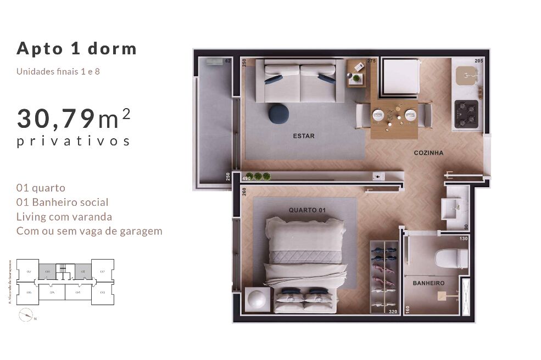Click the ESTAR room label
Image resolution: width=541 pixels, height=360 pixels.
point(303,136)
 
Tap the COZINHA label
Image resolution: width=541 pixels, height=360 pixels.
point(428,153)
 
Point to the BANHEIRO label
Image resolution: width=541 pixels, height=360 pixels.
point(428,283)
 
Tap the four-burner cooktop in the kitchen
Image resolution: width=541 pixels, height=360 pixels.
point(465,114)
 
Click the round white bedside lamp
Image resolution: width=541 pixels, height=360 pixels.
point(258,299)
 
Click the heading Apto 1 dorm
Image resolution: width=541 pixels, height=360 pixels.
point(76,48)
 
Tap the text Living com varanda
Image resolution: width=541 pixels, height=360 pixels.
point(64,217)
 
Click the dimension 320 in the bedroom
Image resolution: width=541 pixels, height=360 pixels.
point(393,311)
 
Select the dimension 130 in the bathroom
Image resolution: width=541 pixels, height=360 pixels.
point(463,238)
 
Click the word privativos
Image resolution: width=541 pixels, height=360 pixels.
point(73,141)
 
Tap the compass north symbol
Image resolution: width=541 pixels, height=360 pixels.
point(25,315)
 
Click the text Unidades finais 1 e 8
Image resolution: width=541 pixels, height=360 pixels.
point(58,71)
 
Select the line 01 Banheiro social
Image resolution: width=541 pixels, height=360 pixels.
point(63,203)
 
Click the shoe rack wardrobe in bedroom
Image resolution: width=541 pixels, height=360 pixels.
point(383,276)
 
